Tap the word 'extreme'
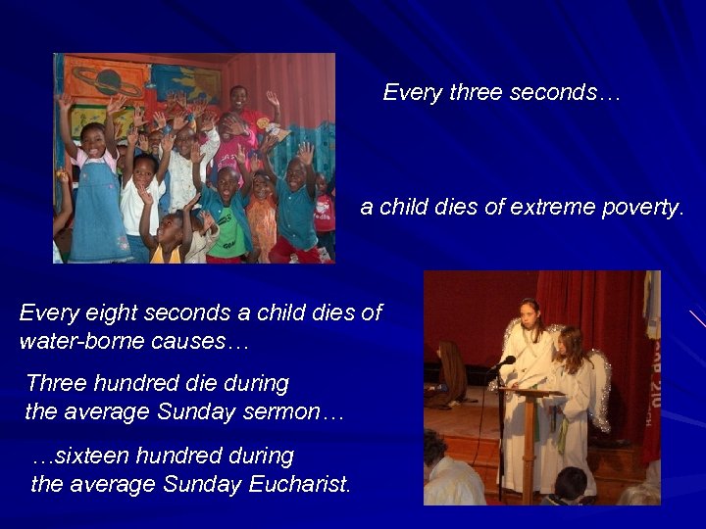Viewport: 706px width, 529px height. click(x=546, y=208)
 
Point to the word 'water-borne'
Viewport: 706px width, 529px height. click(x=69, y=342)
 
